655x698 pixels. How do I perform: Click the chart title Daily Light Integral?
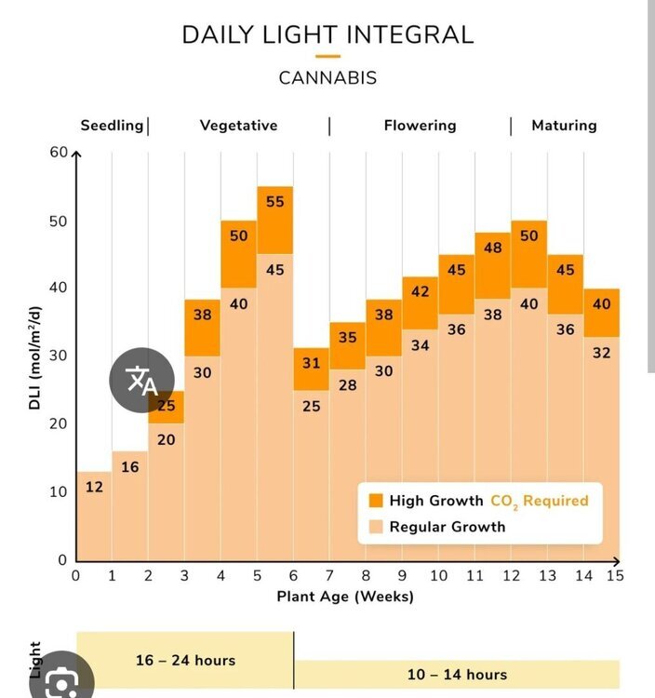point(327,34)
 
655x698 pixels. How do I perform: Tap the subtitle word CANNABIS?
point(327,78)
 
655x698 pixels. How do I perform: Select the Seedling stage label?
point(112,126)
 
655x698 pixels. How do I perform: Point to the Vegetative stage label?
point(238,126)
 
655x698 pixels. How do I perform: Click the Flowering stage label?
point(420,126)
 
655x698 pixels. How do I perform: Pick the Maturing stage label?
point(564,126)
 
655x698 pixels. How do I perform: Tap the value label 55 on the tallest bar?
point(275,202)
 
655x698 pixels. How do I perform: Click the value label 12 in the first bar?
point(94,487)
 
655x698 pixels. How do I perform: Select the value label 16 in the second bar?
point(130,467)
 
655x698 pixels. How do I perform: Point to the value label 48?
point(492,248)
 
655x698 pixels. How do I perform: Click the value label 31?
point(311,363)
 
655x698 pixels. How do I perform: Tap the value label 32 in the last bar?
point(602,353)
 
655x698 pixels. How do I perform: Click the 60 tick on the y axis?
point(59,153)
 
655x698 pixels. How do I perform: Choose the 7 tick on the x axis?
point(329,575)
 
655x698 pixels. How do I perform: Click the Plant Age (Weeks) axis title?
point(345,596)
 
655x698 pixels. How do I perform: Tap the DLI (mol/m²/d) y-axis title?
point(34,358)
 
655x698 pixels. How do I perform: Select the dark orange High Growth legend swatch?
point(376,501)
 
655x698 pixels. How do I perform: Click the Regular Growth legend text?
point(448,527)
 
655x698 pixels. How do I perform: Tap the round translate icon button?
point(142,380)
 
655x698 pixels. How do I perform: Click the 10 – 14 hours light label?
point(457,675)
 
